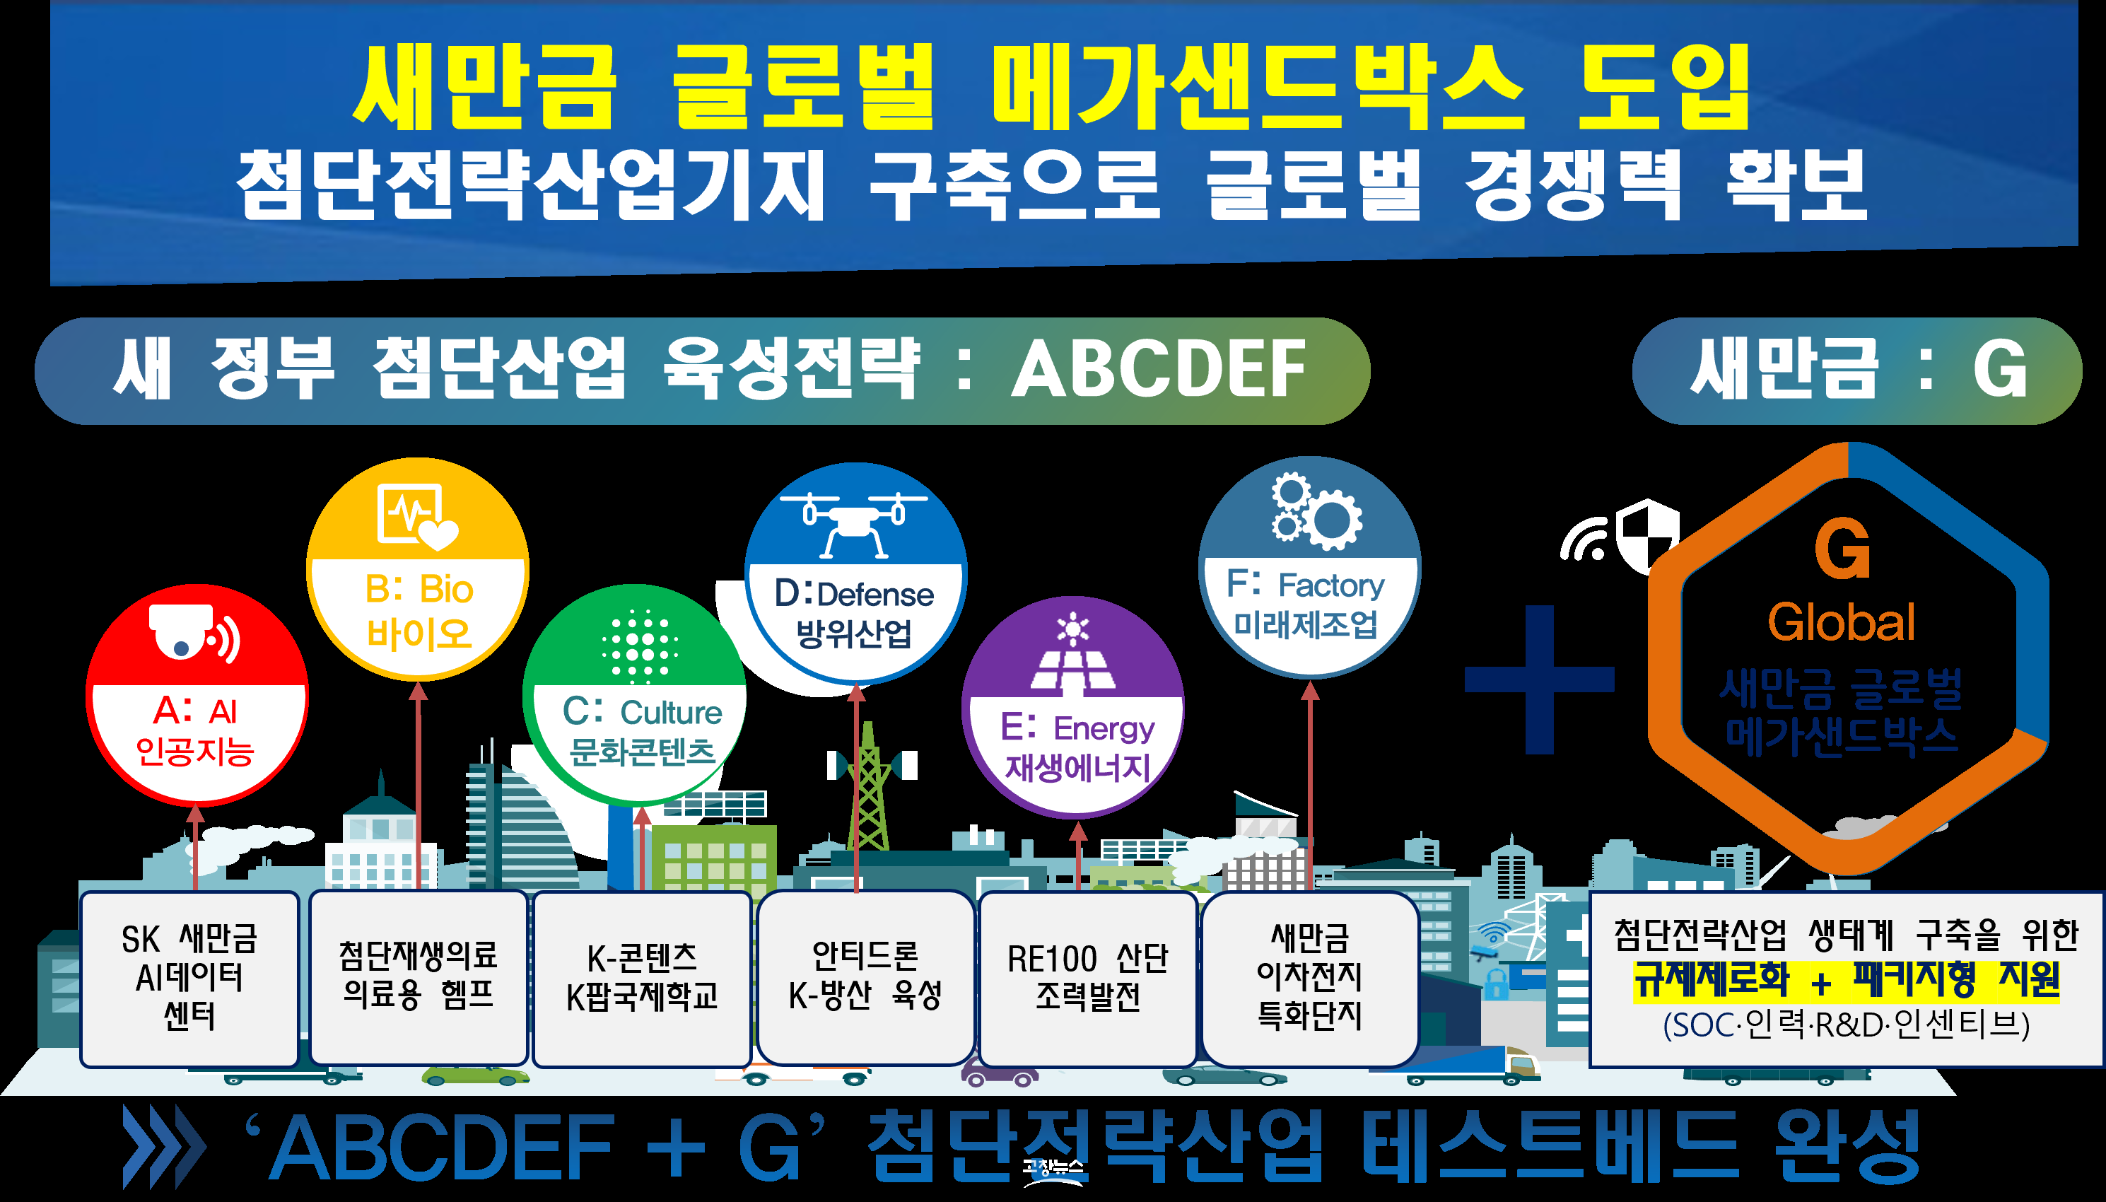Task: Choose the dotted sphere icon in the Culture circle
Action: tap(640, 646)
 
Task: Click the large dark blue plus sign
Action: tap(1539, 679)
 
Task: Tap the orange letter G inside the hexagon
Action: tap(1842, 548)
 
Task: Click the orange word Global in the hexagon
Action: tap(1841, 622)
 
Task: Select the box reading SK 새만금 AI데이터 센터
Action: tap(189, 979)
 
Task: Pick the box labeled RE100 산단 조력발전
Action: tap(1088, 979)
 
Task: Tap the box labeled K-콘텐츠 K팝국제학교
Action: tap(642, 979)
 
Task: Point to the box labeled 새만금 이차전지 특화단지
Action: tap(1310, 979)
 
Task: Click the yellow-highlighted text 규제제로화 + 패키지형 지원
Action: tap(1846, 981)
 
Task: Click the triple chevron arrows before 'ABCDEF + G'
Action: tap(163, 1147)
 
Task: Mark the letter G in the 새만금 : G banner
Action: tap(1999, 369)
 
